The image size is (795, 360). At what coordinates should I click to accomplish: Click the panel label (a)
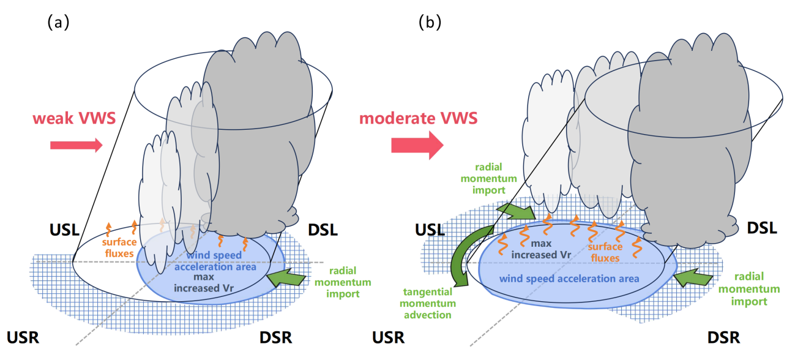coord(58,23)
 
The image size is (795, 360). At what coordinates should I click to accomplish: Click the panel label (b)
coord(430,23)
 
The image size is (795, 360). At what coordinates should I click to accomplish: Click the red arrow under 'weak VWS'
coord(76,145)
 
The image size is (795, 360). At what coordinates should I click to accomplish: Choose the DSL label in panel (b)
coord(761,228)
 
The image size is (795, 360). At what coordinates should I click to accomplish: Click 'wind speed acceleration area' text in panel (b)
coord(569,279)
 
